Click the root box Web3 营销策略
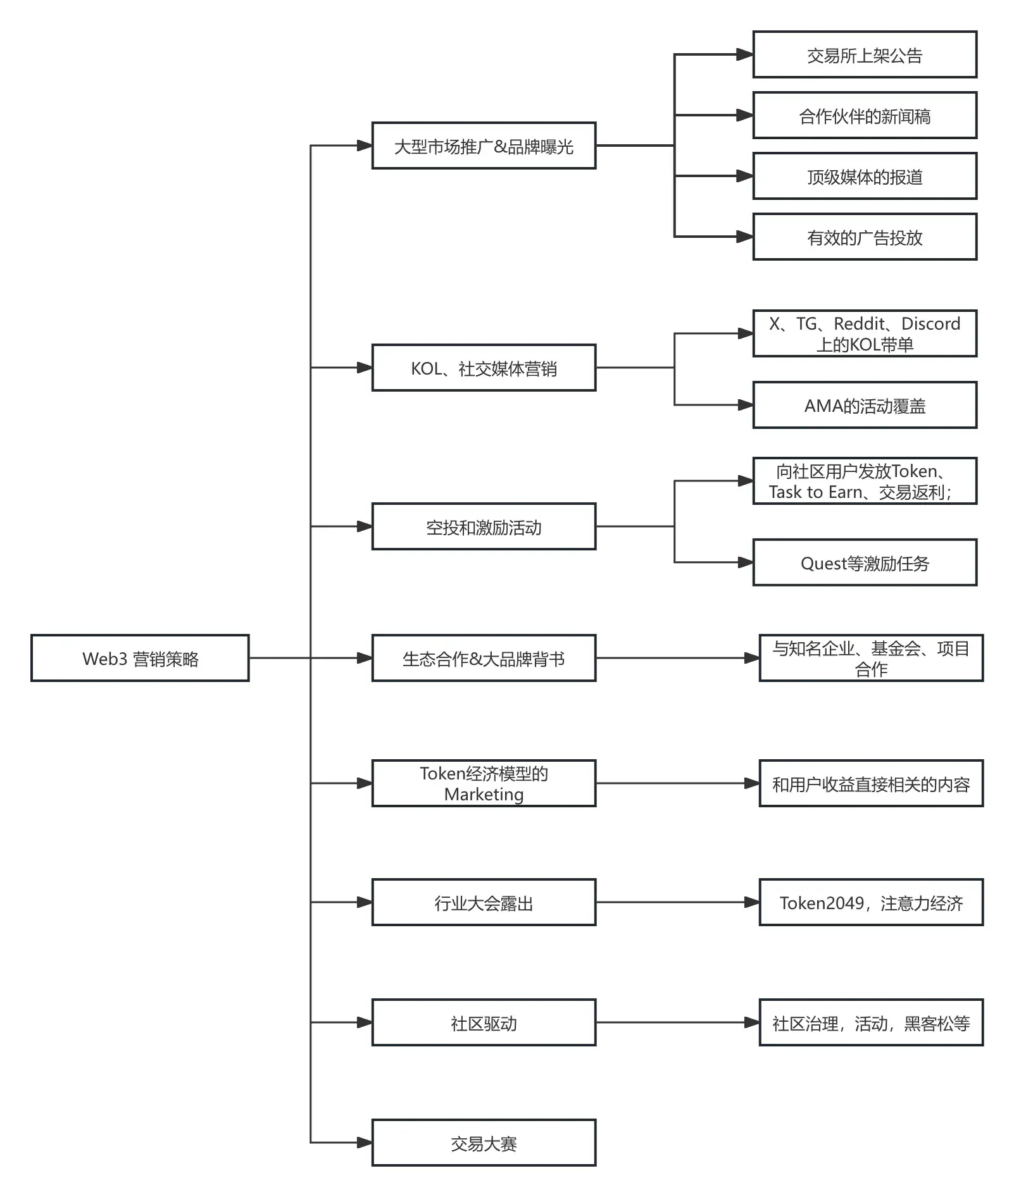[140, 658]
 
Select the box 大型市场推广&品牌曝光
[484, 146]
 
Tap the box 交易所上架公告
[865, 55]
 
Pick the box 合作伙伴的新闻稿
[865, 116]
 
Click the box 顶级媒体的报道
[865, 177]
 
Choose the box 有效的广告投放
[865, 237]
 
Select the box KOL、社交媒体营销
[484, 368]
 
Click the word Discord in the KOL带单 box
[930, 324]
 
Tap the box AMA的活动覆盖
[865, 406]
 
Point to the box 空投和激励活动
[484, 527]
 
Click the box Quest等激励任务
[865, 563]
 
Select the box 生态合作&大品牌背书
[484, 659]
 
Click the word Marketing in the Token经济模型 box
[484, 795]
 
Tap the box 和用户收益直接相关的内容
[871, 784]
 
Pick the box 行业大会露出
[484, 903]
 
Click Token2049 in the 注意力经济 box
[821, 903]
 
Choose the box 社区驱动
[484, 1023]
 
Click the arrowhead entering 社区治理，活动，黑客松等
[751, 1022]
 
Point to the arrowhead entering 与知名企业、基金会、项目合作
[751, 658]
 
